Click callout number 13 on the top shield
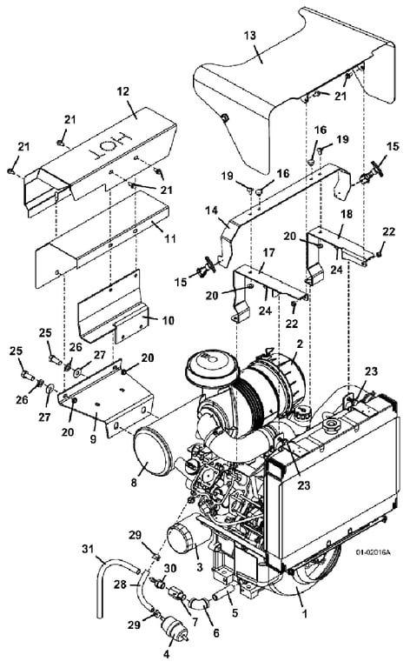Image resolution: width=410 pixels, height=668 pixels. click(249, 35)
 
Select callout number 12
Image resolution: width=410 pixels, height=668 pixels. click(122, 91)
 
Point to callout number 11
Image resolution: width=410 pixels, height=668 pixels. click(170, 238)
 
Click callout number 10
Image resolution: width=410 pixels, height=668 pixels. click(169, 320)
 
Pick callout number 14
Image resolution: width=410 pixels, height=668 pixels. click(213, 210)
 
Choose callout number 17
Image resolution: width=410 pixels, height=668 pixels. click(268, 253)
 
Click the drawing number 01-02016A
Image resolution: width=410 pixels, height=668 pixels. click(373, 552)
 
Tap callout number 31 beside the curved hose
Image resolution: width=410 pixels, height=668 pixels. click(88, 549)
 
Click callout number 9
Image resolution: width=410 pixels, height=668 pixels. click(93, 438)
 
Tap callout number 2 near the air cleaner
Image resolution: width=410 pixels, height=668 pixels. click(300, 344)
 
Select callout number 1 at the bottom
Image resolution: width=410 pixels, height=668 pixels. click(304, 614)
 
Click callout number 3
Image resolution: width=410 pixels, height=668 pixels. click(200, 567)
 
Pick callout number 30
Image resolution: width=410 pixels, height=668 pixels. click(170, 569)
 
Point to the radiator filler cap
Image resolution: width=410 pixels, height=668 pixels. click(331, 424)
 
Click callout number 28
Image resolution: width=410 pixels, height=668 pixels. click(121, 584)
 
